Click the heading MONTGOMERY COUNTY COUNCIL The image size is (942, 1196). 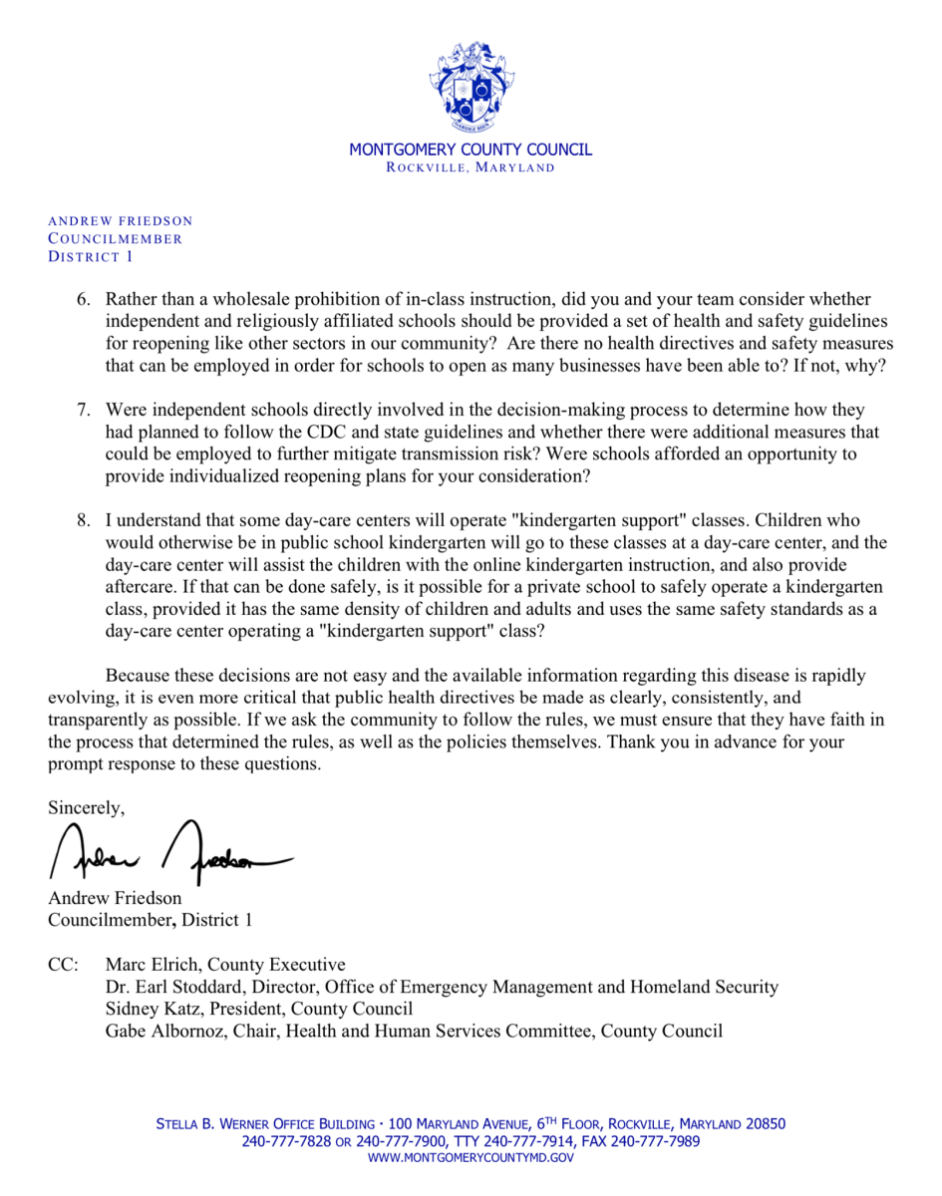471,149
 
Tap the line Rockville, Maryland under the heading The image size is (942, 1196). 471,167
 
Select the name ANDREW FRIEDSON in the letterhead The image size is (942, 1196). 121,221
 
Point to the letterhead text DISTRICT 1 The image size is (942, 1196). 91,257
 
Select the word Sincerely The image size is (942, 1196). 87,807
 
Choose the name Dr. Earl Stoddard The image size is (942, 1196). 181,987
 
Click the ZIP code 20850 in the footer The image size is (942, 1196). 764,1124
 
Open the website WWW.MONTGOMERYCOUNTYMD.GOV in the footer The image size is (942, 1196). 471,1158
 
